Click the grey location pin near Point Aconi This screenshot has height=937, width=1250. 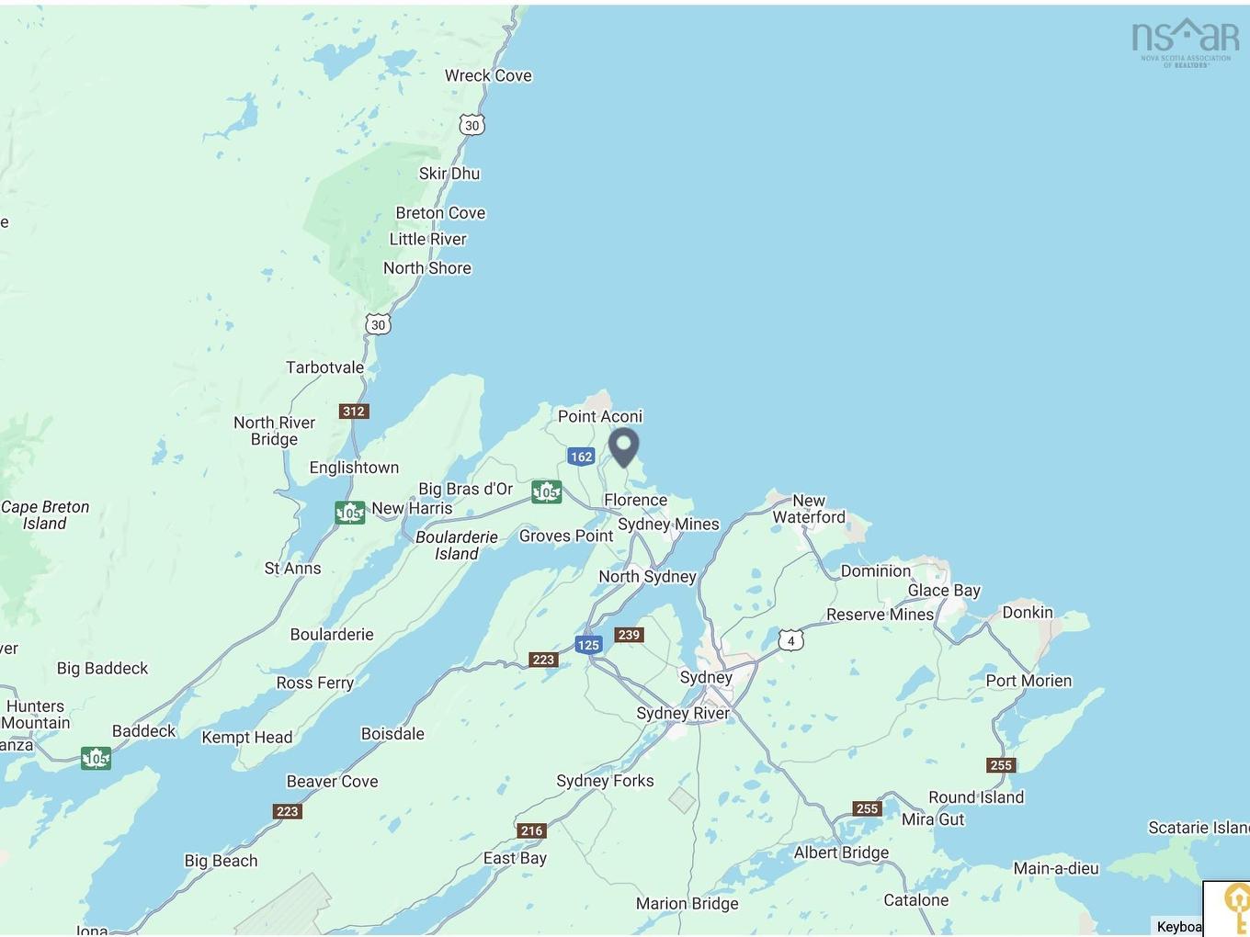point(624,446)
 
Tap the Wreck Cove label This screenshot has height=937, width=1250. point(488,75)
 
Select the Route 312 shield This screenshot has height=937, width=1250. point(354,412)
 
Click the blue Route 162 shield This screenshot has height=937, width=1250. point(581,457)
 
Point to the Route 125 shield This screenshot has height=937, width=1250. point(588,645)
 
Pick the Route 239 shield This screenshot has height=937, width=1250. point(629,635)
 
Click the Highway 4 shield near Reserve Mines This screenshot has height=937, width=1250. point(790,640)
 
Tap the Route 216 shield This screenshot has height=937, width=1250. point(532,830)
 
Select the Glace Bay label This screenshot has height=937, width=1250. point(944,591)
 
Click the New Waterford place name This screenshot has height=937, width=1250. point(809,509)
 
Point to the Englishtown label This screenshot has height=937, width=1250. point(354,468)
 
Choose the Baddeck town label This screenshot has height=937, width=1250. point(143,731)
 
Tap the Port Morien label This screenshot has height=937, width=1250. point(1028,681)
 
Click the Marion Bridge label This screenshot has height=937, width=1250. point(687,903)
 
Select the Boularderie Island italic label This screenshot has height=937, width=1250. point(457,545)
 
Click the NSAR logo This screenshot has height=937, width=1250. point(1185,41)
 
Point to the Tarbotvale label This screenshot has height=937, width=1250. point(324,367)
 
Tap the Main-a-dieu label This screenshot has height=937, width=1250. point(1055,868)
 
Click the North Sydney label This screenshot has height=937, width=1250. point(647,576)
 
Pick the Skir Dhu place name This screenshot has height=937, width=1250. point(449,174)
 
